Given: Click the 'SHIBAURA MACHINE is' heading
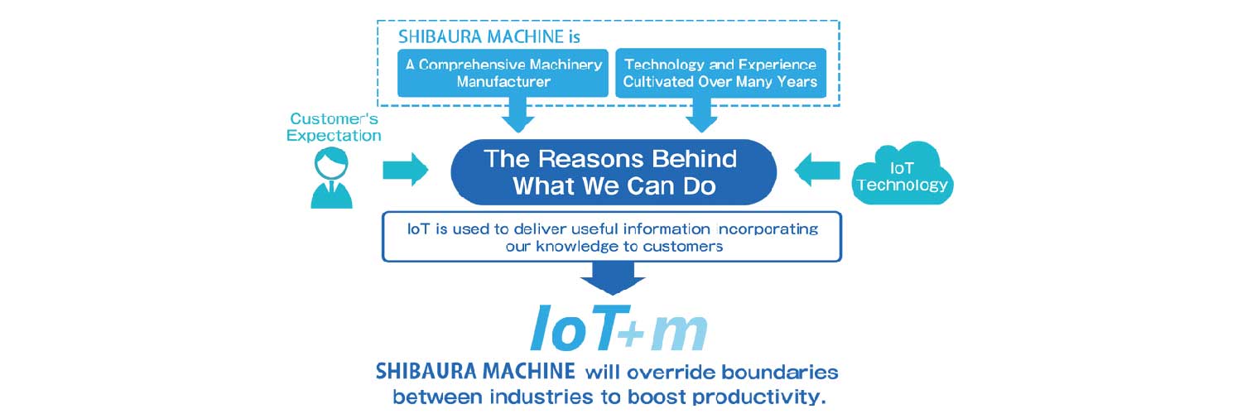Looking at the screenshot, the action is point(489,36).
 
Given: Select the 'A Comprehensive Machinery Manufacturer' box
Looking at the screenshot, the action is point(503,73).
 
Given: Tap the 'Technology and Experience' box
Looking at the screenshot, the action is point(721,73).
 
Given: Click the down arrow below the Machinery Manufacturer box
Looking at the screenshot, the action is point(517,115).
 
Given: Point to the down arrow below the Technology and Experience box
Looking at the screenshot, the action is point(701,115).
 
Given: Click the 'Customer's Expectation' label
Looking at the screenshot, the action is point(334,127).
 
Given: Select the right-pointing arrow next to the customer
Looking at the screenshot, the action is point(406,170).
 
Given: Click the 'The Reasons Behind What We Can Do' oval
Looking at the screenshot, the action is point(614,171).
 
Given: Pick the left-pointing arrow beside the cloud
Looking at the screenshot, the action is point(817,170).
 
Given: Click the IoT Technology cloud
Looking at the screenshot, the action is point(903,174).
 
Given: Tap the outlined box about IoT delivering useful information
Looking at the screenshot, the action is point(612,237).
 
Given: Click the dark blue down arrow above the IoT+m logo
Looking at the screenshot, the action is point(612,278).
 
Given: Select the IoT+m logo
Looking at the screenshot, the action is point(619,328).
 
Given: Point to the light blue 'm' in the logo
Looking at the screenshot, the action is point(678,333).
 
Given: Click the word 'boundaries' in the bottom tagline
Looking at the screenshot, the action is point(780,372).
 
